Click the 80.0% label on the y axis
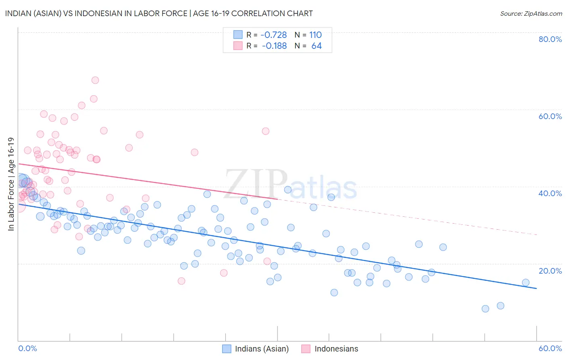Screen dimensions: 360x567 click(x=550, y=39)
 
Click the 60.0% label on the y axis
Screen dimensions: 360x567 click(x=550, y=116)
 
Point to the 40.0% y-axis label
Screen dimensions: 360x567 click(x=550, y=193)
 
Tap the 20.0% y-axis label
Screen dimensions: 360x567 click(x=550, y=271)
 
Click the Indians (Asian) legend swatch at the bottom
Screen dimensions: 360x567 click(x=227, y=349)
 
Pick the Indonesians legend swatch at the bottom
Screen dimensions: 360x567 click(x=306, y=349)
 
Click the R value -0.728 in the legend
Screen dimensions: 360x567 click(x=274, y=35)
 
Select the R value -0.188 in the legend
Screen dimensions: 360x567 click(x=274, y=46)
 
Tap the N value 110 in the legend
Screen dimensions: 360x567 click(x=315, y=35)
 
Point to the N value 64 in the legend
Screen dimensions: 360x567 click(x=317, y=46)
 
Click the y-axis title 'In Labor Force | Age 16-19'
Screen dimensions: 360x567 click(x=11, y=184)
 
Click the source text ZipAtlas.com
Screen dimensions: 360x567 click(x=531, y=13)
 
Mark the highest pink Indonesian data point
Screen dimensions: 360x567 click(x=95, y=80)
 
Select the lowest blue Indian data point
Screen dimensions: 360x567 click(x=485, y=309)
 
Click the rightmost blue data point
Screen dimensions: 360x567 click(x=525, y=283)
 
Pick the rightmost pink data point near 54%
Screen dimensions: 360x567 click(x=265, y=131)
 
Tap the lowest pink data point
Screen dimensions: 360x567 click(x=181, y=281)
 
